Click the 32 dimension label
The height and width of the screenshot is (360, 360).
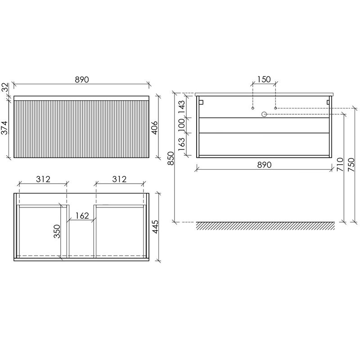coord(5,87)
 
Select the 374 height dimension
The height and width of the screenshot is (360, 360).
coord(5,128)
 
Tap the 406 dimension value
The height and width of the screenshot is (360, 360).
coord(155,128)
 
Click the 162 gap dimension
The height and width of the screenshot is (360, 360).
coord(82,216)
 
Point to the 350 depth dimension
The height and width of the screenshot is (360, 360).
coord(57,231)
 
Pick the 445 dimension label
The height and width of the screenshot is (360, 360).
coord(155,227)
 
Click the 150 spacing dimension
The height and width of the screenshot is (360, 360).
coord(264,79)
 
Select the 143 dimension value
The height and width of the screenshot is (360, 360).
coord(181,107)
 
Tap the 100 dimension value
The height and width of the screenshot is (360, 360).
coord(181,125)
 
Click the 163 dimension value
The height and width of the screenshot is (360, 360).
coord(181,144)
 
